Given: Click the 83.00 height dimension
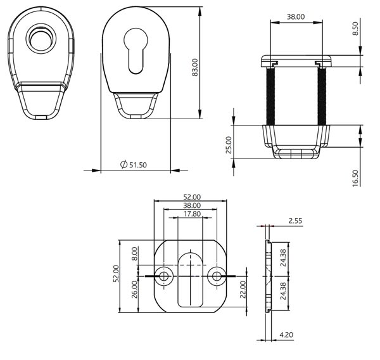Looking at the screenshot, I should pos(195,67).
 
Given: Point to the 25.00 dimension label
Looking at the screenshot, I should pos(229,145).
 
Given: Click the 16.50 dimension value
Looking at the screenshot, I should pos(355,177).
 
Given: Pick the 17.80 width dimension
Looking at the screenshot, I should pos(191,214).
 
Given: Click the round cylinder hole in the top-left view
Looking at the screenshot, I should pos(40,40).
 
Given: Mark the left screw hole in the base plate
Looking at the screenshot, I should pos(164,276).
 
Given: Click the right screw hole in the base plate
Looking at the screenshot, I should pos(217,276).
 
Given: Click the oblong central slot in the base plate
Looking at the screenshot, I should pos(191,280).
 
